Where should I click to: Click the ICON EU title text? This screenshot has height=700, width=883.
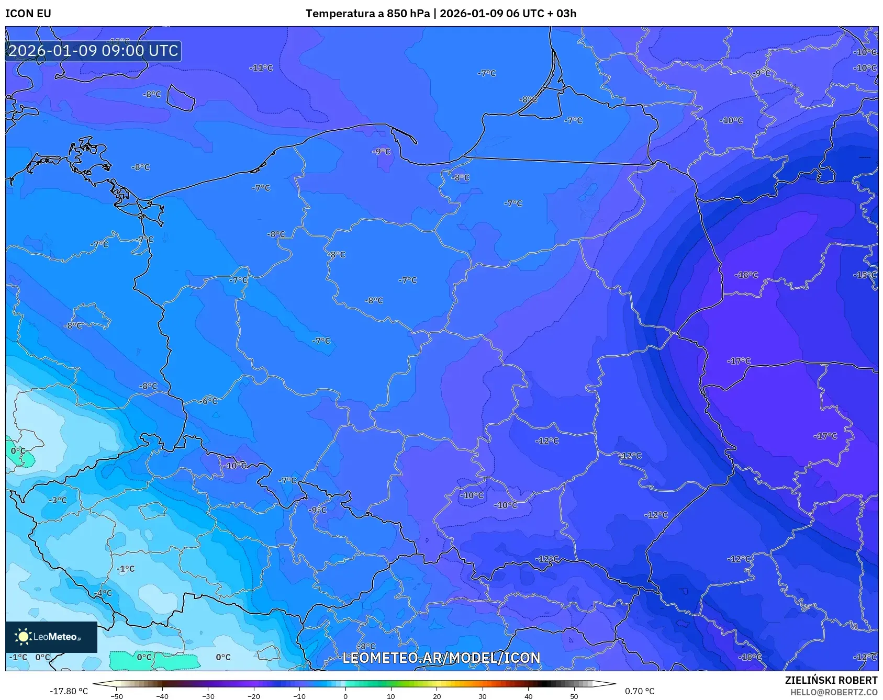(x=28, y=14)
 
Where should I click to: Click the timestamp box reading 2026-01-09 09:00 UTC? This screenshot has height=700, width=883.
(x=93, y=51)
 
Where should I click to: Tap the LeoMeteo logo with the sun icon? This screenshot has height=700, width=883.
(x=51, y=637)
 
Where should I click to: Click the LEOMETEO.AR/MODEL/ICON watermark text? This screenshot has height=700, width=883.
(x=441, y=658)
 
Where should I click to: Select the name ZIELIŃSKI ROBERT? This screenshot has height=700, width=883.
(x=831, y=680)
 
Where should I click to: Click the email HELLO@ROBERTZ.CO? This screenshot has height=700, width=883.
(x=833, y=692)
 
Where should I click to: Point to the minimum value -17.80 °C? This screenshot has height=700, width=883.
(x=69, y=691)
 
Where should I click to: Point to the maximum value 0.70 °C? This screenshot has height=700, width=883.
(x=639, y=691)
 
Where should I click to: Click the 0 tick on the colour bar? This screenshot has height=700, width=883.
(x=345, y=696)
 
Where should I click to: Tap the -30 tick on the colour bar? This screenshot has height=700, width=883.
(x=208, y=696)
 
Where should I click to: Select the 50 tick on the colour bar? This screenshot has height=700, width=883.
(x=574, y=696)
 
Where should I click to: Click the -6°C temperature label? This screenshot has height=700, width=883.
(x=209, y=401)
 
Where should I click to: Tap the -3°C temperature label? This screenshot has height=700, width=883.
(x=58, y=500)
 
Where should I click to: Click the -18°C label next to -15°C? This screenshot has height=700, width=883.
(x=746, y=275)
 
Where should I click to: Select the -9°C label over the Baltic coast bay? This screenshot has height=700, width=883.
(x=382, y=151)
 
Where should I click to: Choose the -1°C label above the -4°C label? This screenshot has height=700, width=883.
(x=126, y=569)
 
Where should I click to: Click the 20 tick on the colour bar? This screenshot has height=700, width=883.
(x=437, y=696)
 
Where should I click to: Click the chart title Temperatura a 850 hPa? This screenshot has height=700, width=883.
(x=367, y=14)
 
